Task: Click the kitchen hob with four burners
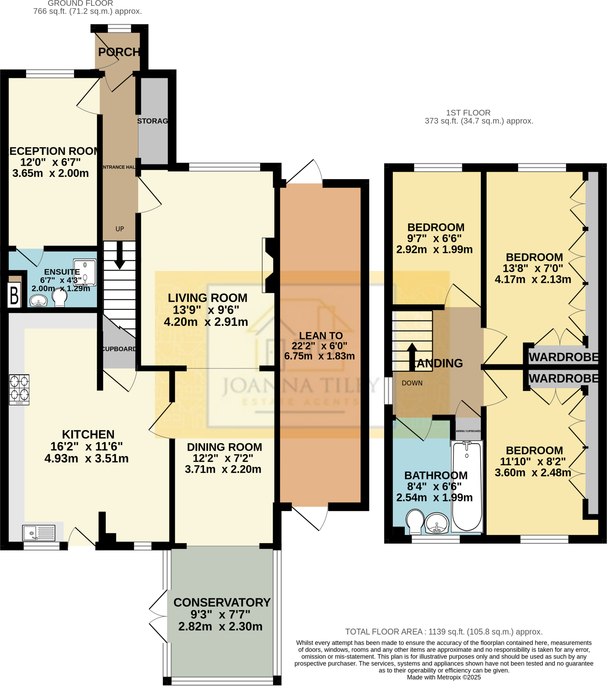[19, 389]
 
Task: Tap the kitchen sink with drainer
[38, 533]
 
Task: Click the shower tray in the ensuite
[85, 272]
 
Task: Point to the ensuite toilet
[60, 297]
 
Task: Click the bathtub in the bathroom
[466, 486]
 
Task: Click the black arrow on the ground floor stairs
[119, 256]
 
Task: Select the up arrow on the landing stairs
[412, 356]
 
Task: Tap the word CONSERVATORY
[222, 603]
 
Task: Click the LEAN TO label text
[321, 336]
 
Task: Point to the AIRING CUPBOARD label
[468, 431]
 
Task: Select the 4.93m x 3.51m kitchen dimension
[87, 459]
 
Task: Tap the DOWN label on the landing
[412, 383]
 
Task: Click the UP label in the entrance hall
[120, 229]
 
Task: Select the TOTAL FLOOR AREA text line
[444, 632]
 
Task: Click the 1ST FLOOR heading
[468, 113]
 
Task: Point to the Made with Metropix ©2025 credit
[444, 677]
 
